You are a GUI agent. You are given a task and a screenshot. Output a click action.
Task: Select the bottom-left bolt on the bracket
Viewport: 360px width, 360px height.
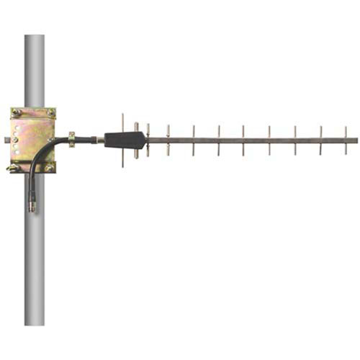14,168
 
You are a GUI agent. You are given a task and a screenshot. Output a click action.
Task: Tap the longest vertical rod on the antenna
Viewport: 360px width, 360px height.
123,140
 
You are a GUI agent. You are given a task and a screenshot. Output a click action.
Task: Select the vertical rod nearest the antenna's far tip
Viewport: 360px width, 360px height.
346,140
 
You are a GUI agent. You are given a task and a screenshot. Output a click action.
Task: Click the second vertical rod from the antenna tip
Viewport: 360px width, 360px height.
320,140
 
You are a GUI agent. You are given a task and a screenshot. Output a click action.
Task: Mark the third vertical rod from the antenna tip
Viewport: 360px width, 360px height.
294,140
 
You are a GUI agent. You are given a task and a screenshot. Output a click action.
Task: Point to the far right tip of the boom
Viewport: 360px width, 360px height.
356,140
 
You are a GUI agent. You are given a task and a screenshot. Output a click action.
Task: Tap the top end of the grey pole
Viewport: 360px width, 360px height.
34,36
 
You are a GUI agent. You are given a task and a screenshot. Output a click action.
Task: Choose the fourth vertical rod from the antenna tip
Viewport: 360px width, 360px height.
269,140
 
